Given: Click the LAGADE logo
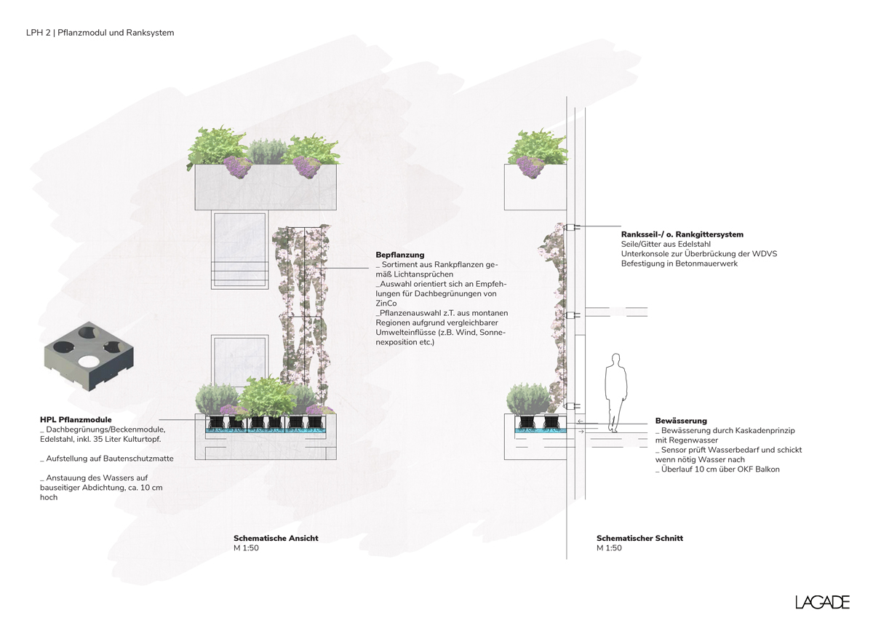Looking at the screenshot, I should tap(822, 602).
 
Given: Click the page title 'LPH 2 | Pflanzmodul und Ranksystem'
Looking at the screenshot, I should tap(100, 33).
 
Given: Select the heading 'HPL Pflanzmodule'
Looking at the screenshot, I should tap(76, 420).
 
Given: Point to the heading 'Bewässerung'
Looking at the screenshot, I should tap(680, 421).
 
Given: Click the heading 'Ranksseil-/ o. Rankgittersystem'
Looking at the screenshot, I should tap(682, 234).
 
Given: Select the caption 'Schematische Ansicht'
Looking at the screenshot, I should tap(276, 539).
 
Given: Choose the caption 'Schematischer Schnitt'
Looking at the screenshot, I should tap(639, 539).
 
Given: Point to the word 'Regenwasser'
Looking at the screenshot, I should tap(696, 440).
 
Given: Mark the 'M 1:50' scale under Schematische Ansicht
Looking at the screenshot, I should tap(246, 548).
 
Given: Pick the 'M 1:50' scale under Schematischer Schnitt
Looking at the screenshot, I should tap(609, 548).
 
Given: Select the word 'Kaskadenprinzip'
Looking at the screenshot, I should tap(751, 431).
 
